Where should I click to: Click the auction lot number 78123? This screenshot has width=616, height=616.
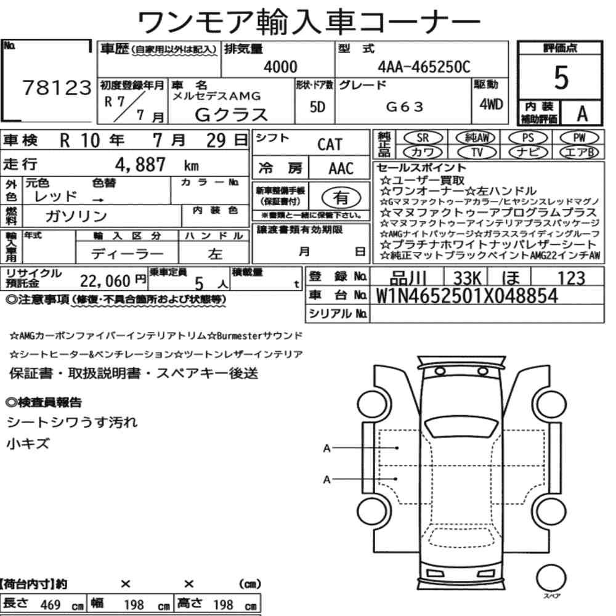click(57, 87)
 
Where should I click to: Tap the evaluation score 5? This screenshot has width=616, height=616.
click(561, 78)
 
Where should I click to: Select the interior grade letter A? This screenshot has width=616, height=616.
click(582, 114)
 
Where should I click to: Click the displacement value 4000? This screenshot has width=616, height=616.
click(280, 67)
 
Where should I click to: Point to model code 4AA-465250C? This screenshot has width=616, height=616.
click(424, 67)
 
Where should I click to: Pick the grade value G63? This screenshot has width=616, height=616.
click(405, 107)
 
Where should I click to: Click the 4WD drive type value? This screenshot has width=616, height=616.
click(491, 104)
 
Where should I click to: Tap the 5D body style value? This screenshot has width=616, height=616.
click(317, 107)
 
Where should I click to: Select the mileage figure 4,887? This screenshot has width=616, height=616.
click(140, 164)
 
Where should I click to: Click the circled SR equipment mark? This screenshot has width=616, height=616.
click(423, 138)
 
